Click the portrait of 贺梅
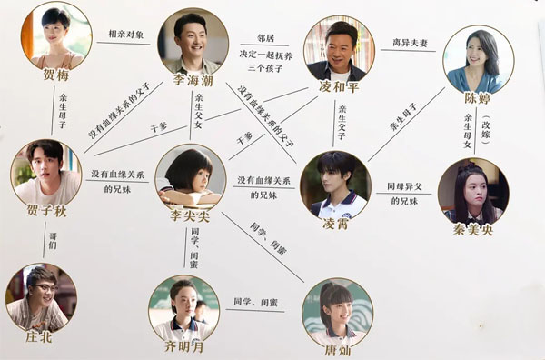tap(55, 35)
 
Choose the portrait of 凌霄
tap(334, 184)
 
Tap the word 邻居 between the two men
tap(266, 39)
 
